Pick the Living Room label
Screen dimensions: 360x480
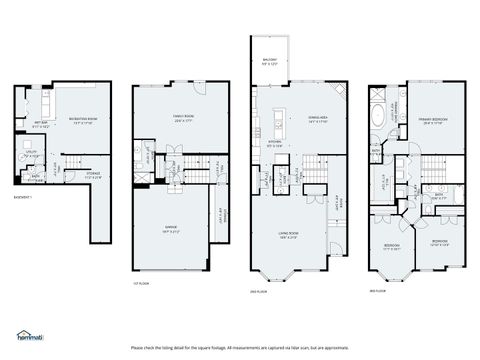pyautogui.click(x=288, y=234)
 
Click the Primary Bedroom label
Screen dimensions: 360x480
pyautogui.click(x=433, y=122)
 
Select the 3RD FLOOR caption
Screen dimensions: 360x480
pyautogui.click(x=377, y=291)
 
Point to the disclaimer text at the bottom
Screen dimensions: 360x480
pyautogui.click(x=240, y=347)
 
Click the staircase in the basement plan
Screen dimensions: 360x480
pyautogui.click(x=60, y=165)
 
